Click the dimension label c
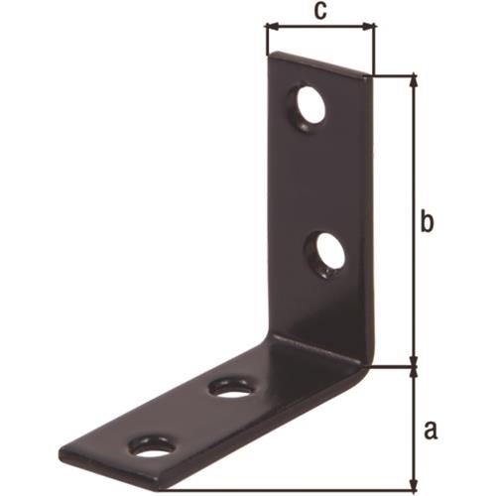(x=320, y=11)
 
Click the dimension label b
(x=427, y=223)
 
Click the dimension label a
(x=431, y=431)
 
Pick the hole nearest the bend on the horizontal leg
(x=233, y=391)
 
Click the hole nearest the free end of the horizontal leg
(x=152, y=448)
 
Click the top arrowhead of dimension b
(x=414, y=82)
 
